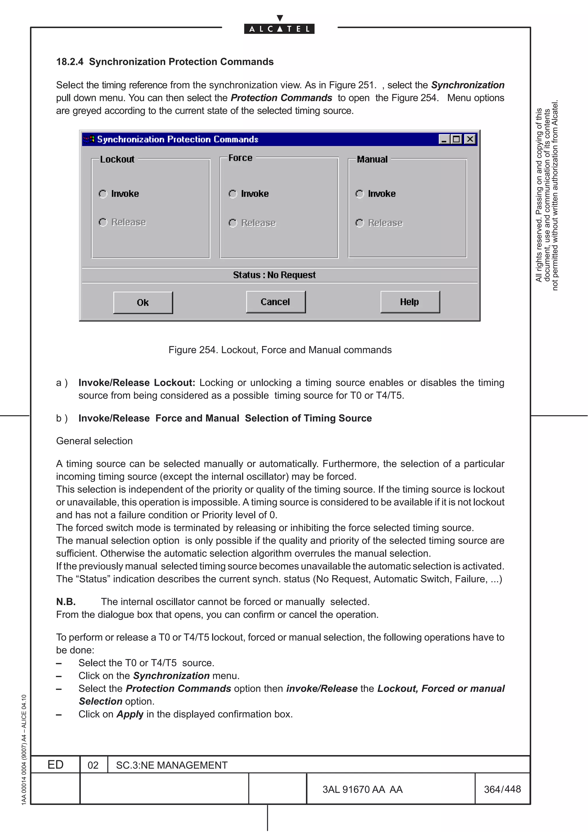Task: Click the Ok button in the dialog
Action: point(143,303)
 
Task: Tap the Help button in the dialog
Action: point(410,302)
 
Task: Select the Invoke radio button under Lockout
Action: point(103,194)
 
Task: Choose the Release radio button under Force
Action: point(233,223)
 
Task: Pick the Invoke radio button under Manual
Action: point(359,194)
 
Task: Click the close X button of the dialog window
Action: point(470,139)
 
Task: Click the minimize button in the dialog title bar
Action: point(444,139)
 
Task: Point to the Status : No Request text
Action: point(274,275)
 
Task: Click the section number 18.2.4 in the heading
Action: point(69,62)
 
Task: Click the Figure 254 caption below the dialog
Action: point(280,350)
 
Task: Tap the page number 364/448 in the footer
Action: point(502,789)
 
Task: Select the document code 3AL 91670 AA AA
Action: point(362,790)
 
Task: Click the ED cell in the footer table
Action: point(55,765)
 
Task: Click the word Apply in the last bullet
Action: point(130,714)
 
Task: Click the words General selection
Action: point(94,441)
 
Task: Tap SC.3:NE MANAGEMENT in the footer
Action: point(172,765)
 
